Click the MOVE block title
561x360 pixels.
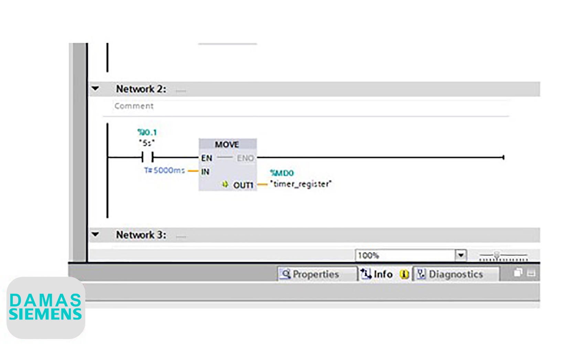point(227,144)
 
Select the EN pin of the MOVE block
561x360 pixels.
point(206,158)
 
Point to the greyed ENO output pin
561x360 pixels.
point(245,158)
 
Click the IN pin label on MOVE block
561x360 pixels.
point(205,172)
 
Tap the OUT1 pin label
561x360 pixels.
point(243,185)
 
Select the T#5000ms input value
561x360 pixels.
point(164,171)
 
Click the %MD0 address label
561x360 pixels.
point(282,173)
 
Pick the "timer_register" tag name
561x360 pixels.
point(301,184)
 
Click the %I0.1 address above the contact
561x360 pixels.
point(147,132)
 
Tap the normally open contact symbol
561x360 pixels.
point(147,157)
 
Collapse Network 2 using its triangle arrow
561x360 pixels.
point(95,89)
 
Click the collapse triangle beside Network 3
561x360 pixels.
point(95,234)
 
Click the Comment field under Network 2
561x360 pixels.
point(134,106)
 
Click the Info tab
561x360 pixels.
point(382,274)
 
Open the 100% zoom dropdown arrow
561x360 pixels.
point(461,255)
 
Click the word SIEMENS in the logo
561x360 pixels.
point(45,314)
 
